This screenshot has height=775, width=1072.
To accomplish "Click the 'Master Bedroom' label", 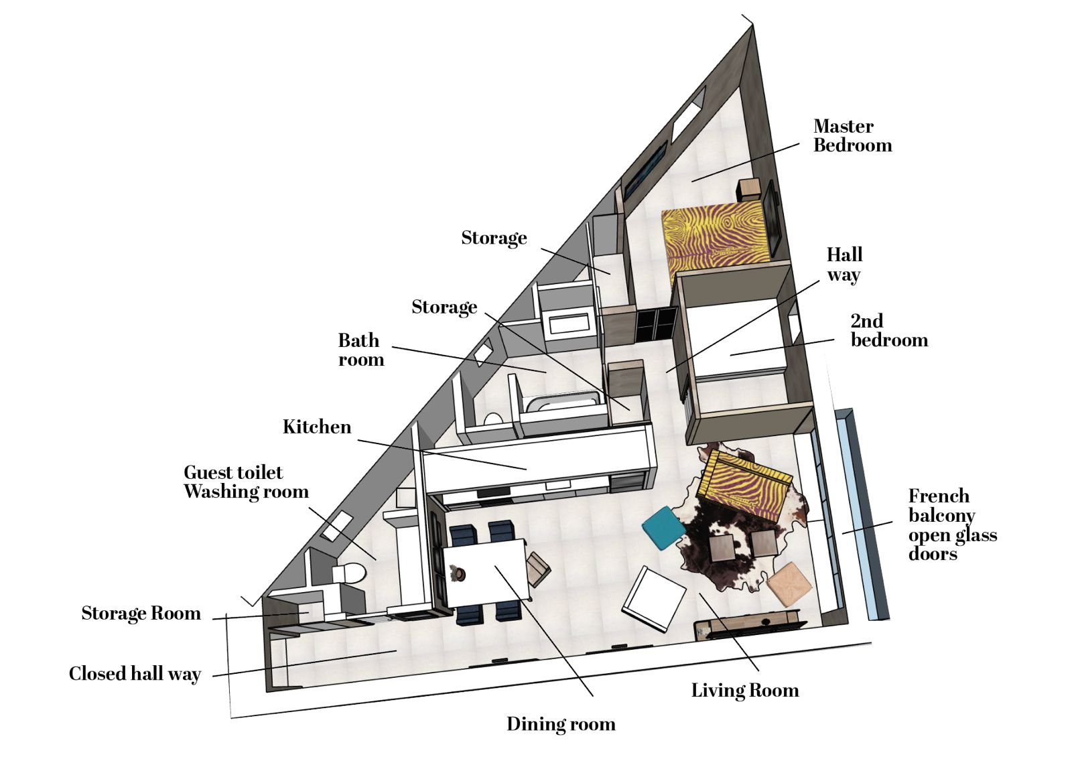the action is tap(852, 136).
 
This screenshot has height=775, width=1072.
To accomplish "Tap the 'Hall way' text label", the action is tap(845, 265).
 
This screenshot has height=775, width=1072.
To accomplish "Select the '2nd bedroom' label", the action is tap(889, 331).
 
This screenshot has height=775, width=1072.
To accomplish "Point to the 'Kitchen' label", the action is tap(317, 427).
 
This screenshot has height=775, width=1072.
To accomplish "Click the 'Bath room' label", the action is tap(361, 350).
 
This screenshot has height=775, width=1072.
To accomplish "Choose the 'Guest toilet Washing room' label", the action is tap(246, 482).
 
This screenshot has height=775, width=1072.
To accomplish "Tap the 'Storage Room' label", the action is tap(141, 614).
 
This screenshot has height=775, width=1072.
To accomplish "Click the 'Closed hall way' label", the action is tap(135, 674).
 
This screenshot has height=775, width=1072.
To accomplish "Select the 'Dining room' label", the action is tap(561, 724).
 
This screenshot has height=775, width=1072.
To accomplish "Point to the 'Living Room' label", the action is tap(745, 691).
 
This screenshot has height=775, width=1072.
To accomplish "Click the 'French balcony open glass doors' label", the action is tap(952, 524).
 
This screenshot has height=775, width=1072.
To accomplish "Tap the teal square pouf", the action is tap(664, 528).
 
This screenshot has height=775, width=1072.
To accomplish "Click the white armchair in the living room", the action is tap(654, 599).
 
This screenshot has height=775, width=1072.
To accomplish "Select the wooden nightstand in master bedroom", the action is tap(748, 190).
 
